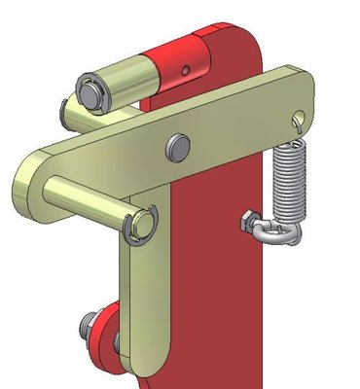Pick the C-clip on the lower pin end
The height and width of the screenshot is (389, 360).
pos(145,223)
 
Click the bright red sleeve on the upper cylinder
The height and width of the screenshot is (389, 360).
pos(175,63)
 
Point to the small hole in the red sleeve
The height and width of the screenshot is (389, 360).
pos(187,69)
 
